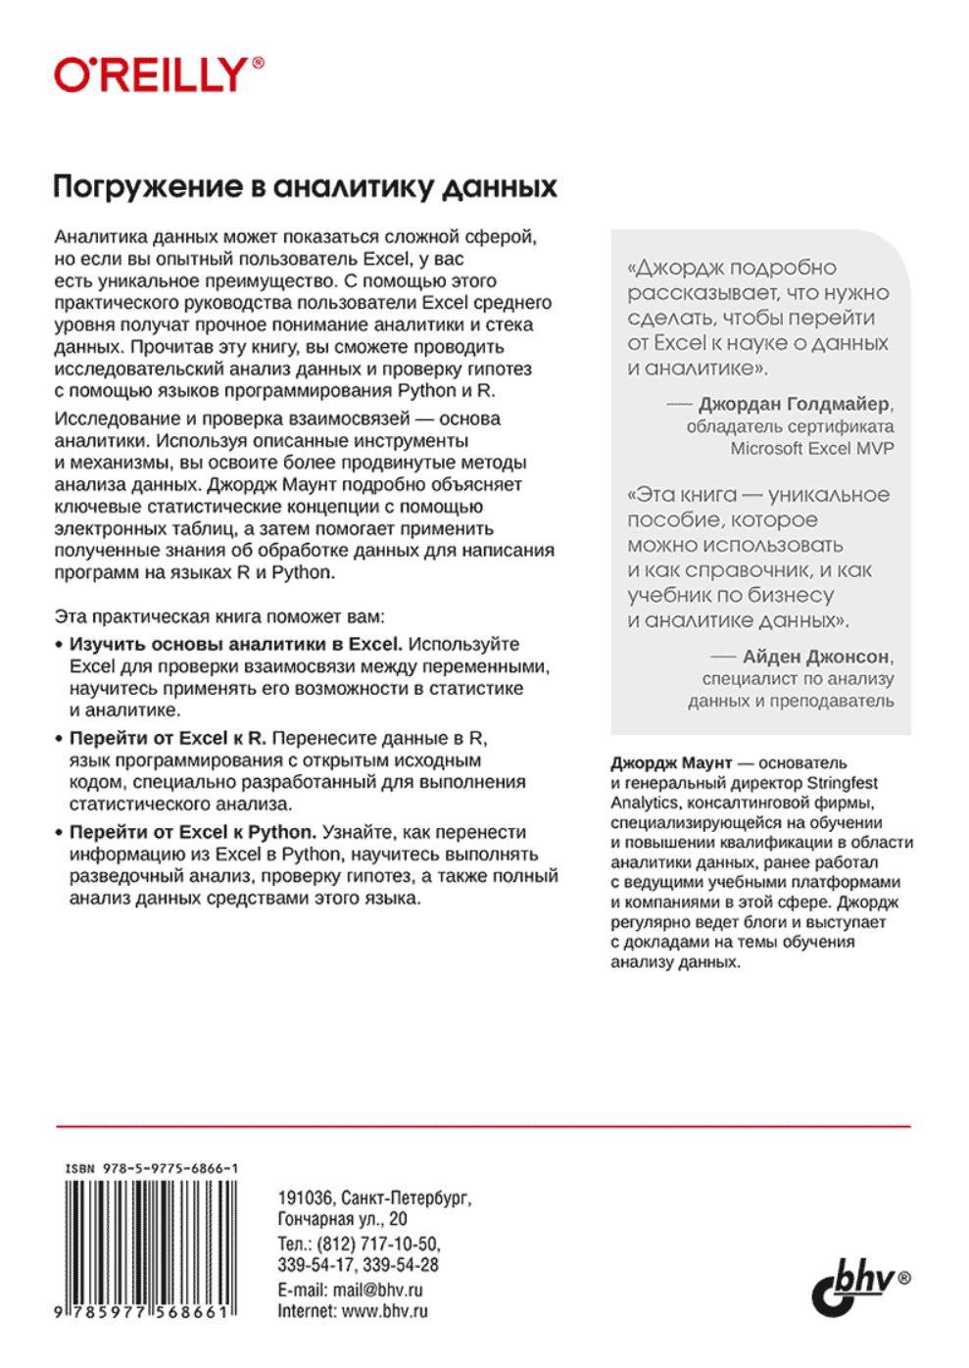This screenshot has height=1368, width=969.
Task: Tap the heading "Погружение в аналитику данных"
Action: pyautogui.click(x=305, y=186)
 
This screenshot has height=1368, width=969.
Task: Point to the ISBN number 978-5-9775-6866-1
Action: pyautogui.click(x=152, y=1169)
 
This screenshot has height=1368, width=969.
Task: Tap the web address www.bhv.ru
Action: pyautogui.click(x=384, y=1311)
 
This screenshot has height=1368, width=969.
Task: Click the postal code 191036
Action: pyautogui.click(x=305, y=1197)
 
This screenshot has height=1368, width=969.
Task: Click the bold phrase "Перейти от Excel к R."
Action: pyautogui.click(x=168, y=738)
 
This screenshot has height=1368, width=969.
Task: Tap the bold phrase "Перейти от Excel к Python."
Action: pyautogui.click(x=192, y=832)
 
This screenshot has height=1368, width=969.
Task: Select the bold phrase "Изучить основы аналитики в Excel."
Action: pyautogui.click(x=235, y=644)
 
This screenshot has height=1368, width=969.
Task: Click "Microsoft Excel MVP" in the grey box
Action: pyautogui.click(x=812, y=449)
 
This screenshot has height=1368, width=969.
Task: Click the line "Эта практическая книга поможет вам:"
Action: pyautogui.click(x=219, y=617)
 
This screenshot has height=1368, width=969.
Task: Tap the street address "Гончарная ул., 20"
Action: pyautogui.click(x=342, y=1219)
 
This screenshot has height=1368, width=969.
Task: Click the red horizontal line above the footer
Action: pyautogui.click(x=483, y=1127)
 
